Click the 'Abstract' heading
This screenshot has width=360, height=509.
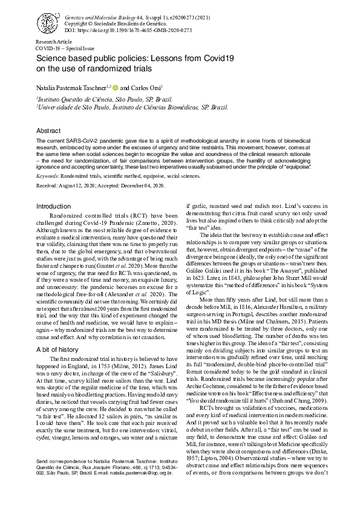click(48, 131)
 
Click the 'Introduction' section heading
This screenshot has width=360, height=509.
click(54, 206)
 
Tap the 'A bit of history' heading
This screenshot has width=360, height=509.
click(57, 350)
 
